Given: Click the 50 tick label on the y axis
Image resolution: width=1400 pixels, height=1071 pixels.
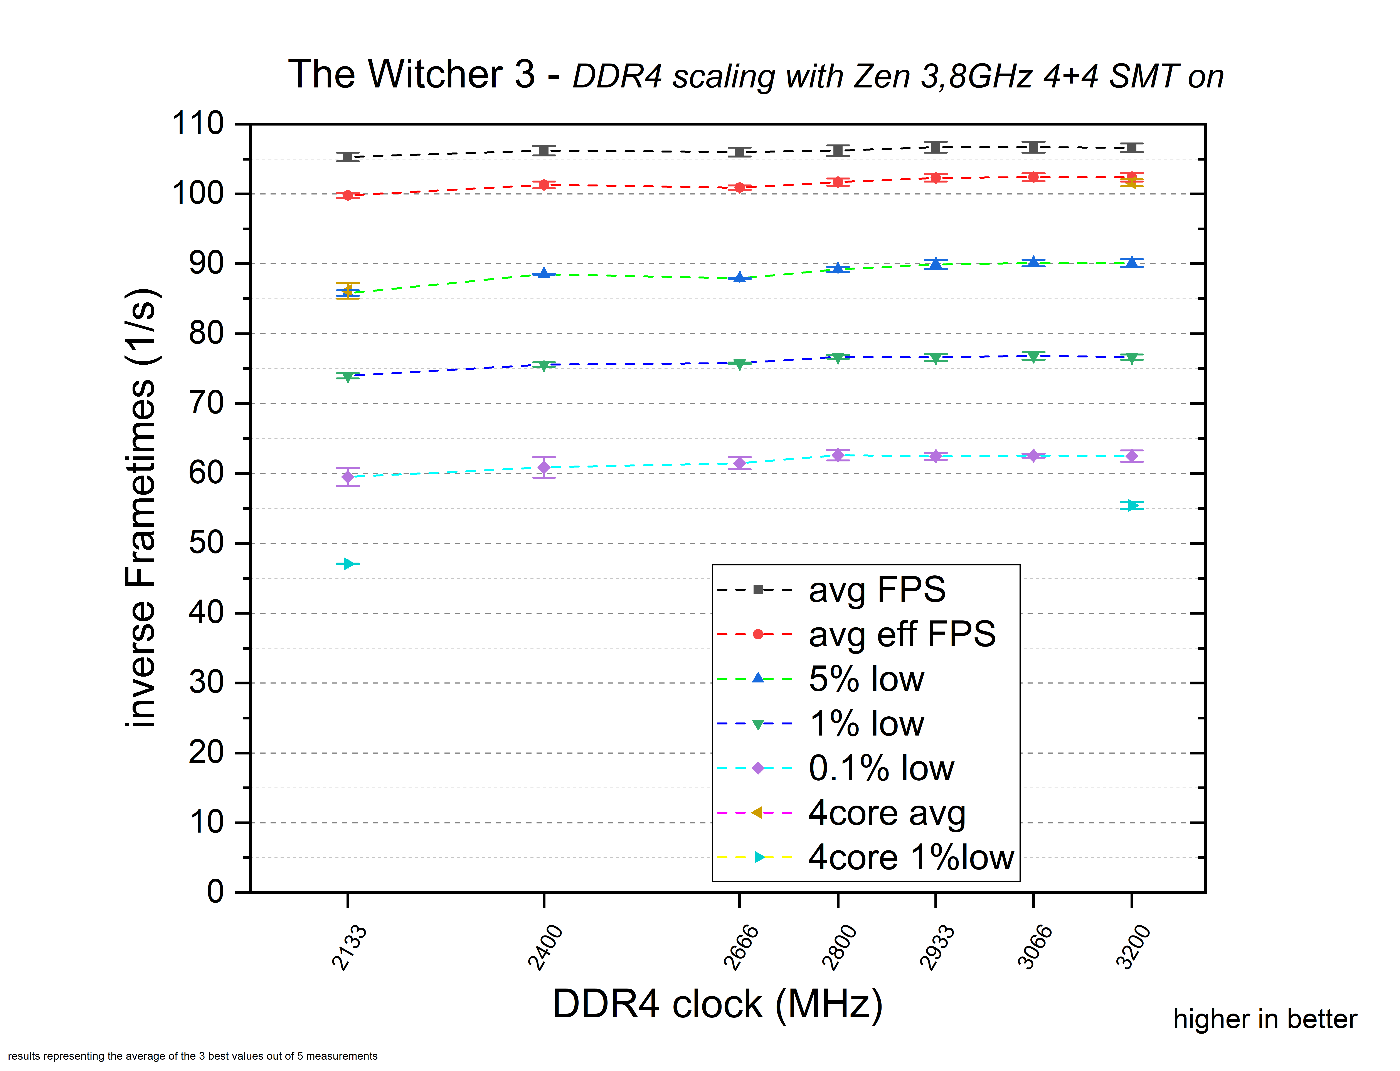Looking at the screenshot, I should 206,543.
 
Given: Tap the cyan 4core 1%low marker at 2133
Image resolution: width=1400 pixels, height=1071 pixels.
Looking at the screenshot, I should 348,564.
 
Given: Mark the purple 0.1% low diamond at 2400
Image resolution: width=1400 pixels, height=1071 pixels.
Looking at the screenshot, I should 544,467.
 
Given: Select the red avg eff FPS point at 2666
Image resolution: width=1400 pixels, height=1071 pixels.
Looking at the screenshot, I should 739,188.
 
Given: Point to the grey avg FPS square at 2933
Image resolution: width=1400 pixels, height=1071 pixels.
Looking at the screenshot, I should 936,147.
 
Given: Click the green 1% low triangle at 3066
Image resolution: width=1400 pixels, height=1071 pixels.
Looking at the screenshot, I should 1033,356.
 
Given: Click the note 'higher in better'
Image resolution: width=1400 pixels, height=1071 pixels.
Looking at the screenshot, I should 1265,1019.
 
